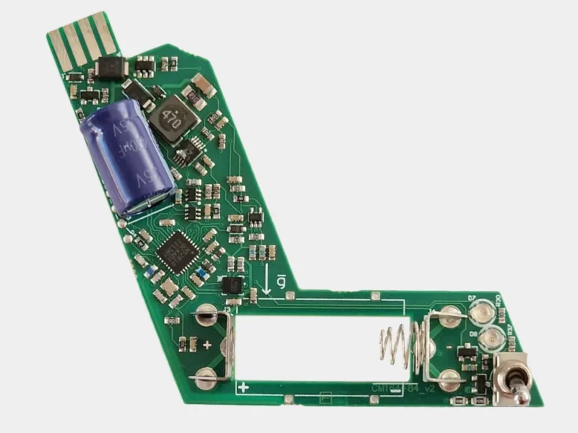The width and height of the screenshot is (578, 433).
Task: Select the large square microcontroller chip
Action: click(x=178, y=250)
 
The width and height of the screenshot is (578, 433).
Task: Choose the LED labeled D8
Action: click(x=490, y=336)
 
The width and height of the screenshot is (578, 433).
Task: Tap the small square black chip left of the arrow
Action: click(x=231, y=285)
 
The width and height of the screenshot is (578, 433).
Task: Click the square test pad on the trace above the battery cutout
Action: click(x=374, y=296)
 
